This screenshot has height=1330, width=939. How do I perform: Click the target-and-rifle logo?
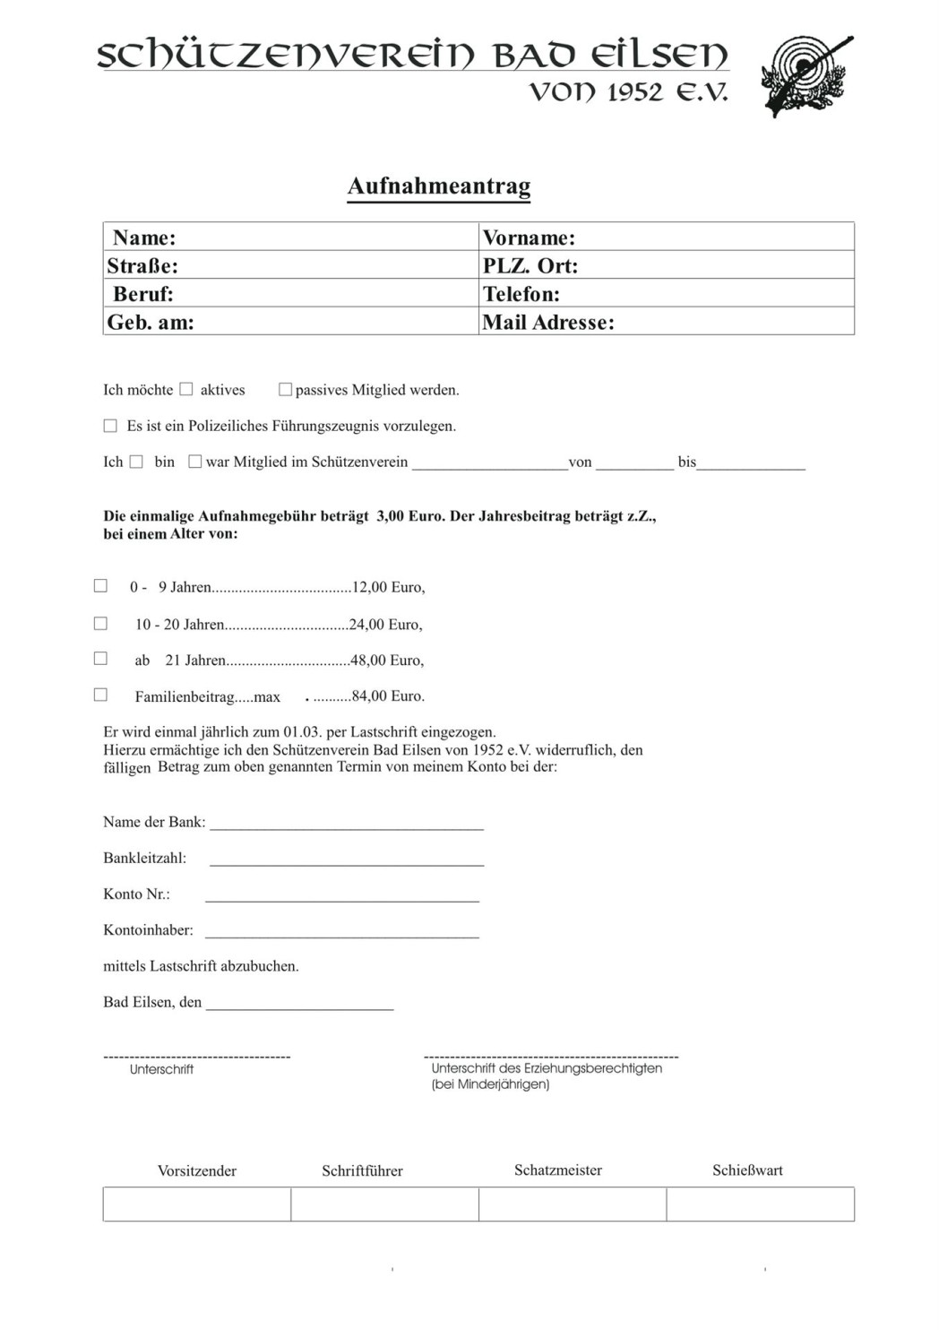[805, 76]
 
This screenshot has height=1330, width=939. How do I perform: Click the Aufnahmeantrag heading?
[439, 186]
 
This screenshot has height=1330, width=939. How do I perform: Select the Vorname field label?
[529, 237]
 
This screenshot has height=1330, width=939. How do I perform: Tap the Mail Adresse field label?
[548, 323]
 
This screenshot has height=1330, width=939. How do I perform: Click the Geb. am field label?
[151, 323]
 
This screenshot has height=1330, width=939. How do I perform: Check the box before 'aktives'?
[186, 389]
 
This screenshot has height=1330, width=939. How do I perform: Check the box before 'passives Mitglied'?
[285, 389]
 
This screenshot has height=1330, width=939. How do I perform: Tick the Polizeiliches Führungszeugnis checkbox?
[110, 426]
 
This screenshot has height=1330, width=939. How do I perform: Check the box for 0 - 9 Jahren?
[100, 586]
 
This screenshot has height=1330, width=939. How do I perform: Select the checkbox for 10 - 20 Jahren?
[100, 623]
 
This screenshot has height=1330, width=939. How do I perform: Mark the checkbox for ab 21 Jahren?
[100, 659]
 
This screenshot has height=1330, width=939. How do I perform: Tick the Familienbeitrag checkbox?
[100, 695]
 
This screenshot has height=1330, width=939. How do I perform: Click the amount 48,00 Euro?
[387, 661]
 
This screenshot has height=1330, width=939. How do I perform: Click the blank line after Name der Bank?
[347, 824]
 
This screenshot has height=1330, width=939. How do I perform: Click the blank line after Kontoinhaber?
[342, 931]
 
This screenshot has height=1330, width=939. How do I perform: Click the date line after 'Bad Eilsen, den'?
[300, 1004]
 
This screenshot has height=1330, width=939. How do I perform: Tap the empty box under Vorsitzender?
[197, 1204]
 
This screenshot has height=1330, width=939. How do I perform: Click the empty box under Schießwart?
[760, 1204]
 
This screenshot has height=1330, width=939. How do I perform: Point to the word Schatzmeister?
[558, 1170]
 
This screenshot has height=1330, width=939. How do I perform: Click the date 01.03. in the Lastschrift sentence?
[302, 732]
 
